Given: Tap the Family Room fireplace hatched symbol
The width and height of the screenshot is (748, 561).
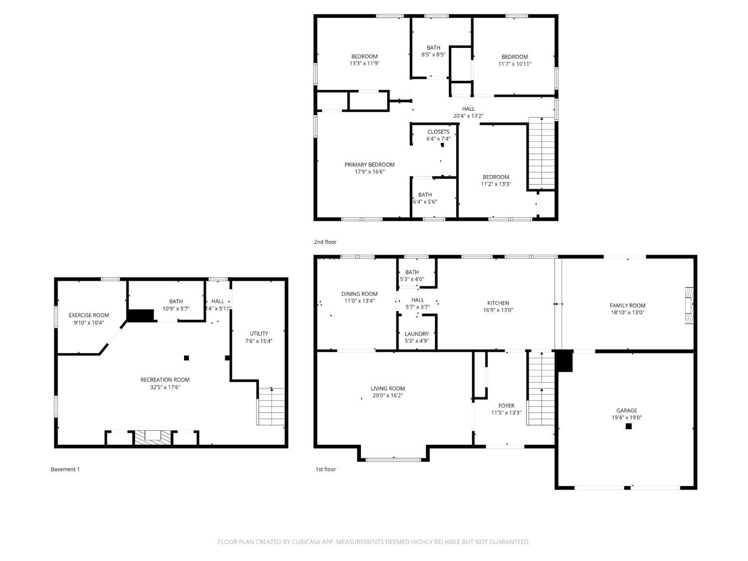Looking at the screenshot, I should (689, 306).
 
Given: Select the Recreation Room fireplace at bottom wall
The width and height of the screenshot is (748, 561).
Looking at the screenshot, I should (153, 437).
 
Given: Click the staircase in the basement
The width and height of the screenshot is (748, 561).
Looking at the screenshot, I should (271, 406).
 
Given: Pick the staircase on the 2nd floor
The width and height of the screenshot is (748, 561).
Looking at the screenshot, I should (542, 152).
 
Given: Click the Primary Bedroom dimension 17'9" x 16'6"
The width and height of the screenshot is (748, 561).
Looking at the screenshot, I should (370, 172).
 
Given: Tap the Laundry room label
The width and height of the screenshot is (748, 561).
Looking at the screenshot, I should (417, 334).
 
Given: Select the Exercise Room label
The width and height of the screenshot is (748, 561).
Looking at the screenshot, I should (89, 315).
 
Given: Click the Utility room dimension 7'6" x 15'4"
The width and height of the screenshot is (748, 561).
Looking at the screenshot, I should (259, 341).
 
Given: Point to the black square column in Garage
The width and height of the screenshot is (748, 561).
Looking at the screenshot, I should (629, 426).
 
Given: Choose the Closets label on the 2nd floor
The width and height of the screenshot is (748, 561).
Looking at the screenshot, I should (438, 132).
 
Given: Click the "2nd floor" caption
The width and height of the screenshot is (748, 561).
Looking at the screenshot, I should (325, 242).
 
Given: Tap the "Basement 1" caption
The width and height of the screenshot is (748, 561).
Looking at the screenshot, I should (65, 469).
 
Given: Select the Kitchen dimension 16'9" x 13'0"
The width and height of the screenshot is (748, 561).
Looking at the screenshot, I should (498, 310).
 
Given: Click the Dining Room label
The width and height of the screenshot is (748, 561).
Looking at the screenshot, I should (360, 294).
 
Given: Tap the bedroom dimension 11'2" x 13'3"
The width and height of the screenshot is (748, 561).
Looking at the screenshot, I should (496, 184).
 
